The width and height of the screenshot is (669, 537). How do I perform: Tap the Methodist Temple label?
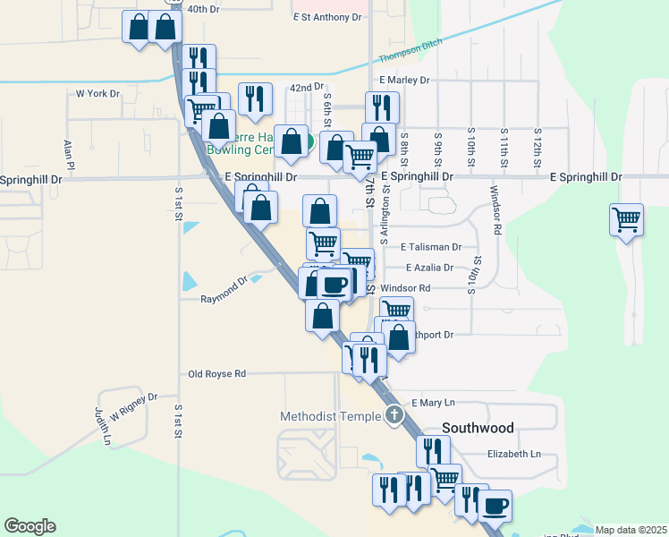point(330,416)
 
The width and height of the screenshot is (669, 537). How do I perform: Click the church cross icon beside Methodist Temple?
point(395,415)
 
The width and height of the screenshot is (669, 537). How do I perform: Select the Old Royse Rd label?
point(216,374)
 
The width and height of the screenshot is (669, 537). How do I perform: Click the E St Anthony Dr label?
point(326,17)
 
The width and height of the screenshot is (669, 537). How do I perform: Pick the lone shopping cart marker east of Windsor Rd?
point(626,220)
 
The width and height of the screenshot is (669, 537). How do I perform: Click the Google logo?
point(30,526)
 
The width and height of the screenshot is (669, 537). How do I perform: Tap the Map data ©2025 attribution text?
point(631,530)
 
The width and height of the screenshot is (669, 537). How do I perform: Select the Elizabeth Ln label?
point(514,454)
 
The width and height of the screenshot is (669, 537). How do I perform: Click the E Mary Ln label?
point(433,403)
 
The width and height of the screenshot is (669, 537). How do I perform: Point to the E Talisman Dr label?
point(431,246)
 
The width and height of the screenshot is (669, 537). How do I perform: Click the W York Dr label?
point(97,93)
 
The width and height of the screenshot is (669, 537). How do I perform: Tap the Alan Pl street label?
point(68,153)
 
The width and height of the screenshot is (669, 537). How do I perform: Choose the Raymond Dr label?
point(224,292)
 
